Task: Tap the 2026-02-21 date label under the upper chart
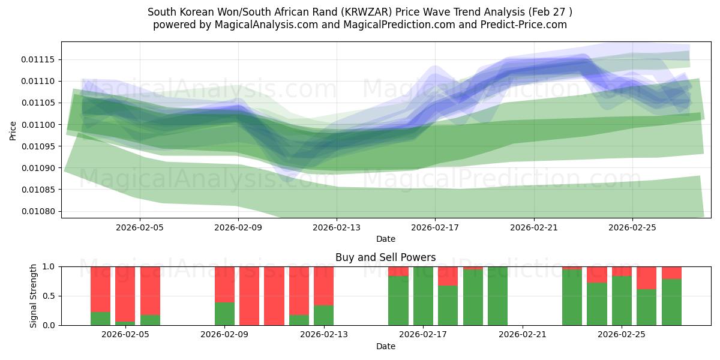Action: (533, 227)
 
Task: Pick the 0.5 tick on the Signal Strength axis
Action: (48, 296)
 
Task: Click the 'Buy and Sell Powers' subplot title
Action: (385, 257)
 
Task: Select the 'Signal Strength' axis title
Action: (34, 295)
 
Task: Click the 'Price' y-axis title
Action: (13, 130)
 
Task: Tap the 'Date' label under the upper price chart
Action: (385, 239)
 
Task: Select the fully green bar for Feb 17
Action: (423, 296)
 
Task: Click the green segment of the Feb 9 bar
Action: (224, 314)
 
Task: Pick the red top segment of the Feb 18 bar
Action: (448, 276)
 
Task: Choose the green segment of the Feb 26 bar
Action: (647, 307)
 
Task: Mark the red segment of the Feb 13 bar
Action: (324, 286)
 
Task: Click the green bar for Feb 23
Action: (572, 297)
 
